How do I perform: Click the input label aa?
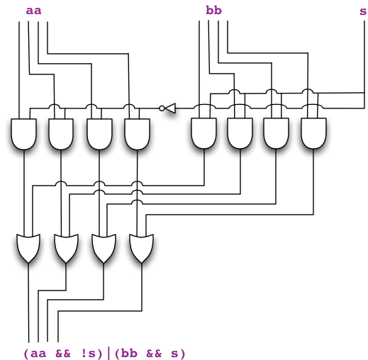pyautogui.click(x=33, y=10)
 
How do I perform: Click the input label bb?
pyautogui.click(x=213, y=10)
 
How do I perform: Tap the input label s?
pyautogui.click(x=363, y=10)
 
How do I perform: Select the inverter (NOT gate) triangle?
pyautogui.click(x=169, y=108)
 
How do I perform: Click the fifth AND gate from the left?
pyautogui.click(x=204, y=133)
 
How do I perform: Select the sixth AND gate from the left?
pyautogui.click(x=240, y=133)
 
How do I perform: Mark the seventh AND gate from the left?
pyautogui.click(x=277, y=133)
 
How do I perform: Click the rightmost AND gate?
pyautogui.click(x=313, y=133)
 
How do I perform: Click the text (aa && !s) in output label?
pyautogui.click(x=64, y=352)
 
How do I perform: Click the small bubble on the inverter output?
pyautogui.click(x=162, y=108)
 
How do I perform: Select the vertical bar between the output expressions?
pyautogui.click(x=109, y=352)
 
